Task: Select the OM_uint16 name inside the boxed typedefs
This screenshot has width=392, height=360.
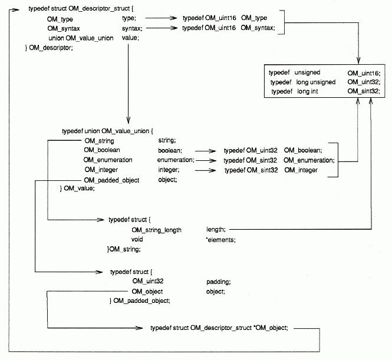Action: (x=363, y=72)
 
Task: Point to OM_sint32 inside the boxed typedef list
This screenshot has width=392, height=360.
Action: (x=363, y=92)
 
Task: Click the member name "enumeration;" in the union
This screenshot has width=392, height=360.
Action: (x=176, y=160)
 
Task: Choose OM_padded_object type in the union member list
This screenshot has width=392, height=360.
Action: (x=112, y=180)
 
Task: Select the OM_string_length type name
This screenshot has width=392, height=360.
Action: (x=156, y=229)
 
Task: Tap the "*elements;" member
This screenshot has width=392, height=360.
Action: (x=221, y=239)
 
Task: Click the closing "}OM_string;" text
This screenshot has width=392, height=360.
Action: (x=123, y=249)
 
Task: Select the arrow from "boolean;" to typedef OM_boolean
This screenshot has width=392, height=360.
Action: (x=209, y=150)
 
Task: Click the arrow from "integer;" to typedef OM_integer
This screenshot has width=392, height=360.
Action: (x=209, y=170)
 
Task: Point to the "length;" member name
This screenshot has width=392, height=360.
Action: (x=216, y=229)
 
